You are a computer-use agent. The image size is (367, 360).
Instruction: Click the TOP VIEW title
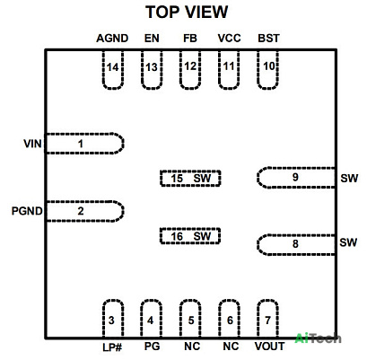pos(187,13)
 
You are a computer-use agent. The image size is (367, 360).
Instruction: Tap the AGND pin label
pos(112,39)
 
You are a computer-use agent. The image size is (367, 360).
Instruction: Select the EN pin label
pos(152,39)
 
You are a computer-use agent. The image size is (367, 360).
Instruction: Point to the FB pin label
pos(190,39)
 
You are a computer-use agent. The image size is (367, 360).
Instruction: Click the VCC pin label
pos(229,39)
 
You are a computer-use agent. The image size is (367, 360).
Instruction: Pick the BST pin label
pos(268,39)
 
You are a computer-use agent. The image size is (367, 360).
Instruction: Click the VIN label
pos(32,144)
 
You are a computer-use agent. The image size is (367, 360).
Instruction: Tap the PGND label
pos(27,211)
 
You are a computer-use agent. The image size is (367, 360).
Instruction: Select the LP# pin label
pos(112,347)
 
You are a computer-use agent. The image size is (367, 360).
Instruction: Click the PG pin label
pos(152,347)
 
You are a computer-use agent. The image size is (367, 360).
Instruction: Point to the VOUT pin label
pos(269,347)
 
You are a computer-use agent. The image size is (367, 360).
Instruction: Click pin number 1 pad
pos(84,144)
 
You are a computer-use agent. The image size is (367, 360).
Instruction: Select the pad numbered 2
pos(84,211)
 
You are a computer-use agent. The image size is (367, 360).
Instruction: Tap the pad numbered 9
pos(296,178)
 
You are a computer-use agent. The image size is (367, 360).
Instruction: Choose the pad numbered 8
pos(296,245)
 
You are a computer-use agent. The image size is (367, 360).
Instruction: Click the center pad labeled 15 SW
pos(190,179)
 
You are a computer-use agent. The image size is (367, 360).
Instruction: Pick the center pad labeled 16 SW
pos(190,236)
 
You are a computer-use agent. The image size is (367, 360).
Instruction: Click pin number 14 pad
pos(113,70)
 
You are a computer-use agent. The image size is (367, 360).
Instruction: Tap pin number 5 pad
pos(190,319)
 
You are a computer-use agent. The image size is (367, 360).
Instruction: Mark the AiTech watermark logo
pos(318,338)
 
